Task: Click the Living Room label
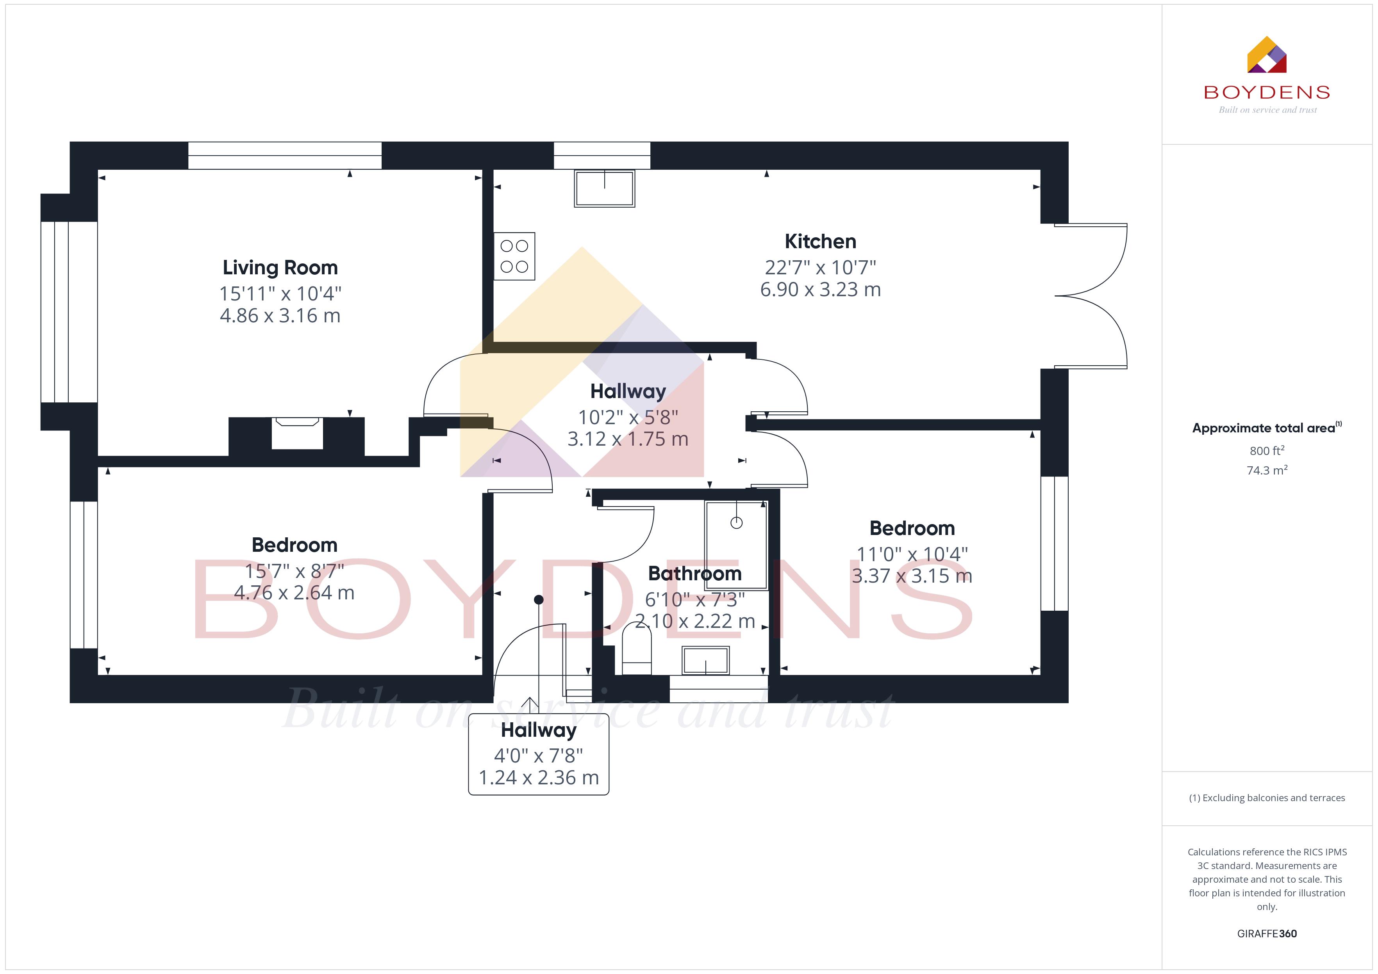pyautogui.click(x=280, y=267)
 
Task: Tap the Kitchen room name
pyautogui.click(x=821, y=242)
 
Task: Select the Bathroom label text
pyautogui.click(x=695, y=573)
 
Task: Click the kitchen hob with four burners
pyautogui.click(x=514, y=256)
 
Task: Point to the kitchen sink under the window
pyautogui.click(x=604, y=188)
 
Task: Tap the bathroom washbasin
pyautogui.click(x=706, y=660)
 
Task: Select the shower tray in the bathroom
pyautogui.click(x=736, y=545)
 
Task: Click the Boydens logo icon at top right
pyautogui.click(x=1267, y=55)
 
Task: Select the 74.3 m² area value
pyautogui.click(x=1267, y=470)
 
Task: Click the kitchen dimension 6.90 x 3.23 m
pyautogui.click(x=821, y=290)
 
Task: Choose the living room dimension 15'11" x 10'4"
pyautogui.click(x=280, y=294)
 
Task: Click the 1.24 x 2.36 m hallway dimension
pyautogui.click(x=539, y=778)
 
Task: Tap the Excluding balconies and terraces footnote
pyautogui.click(x=1267, y=798)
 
